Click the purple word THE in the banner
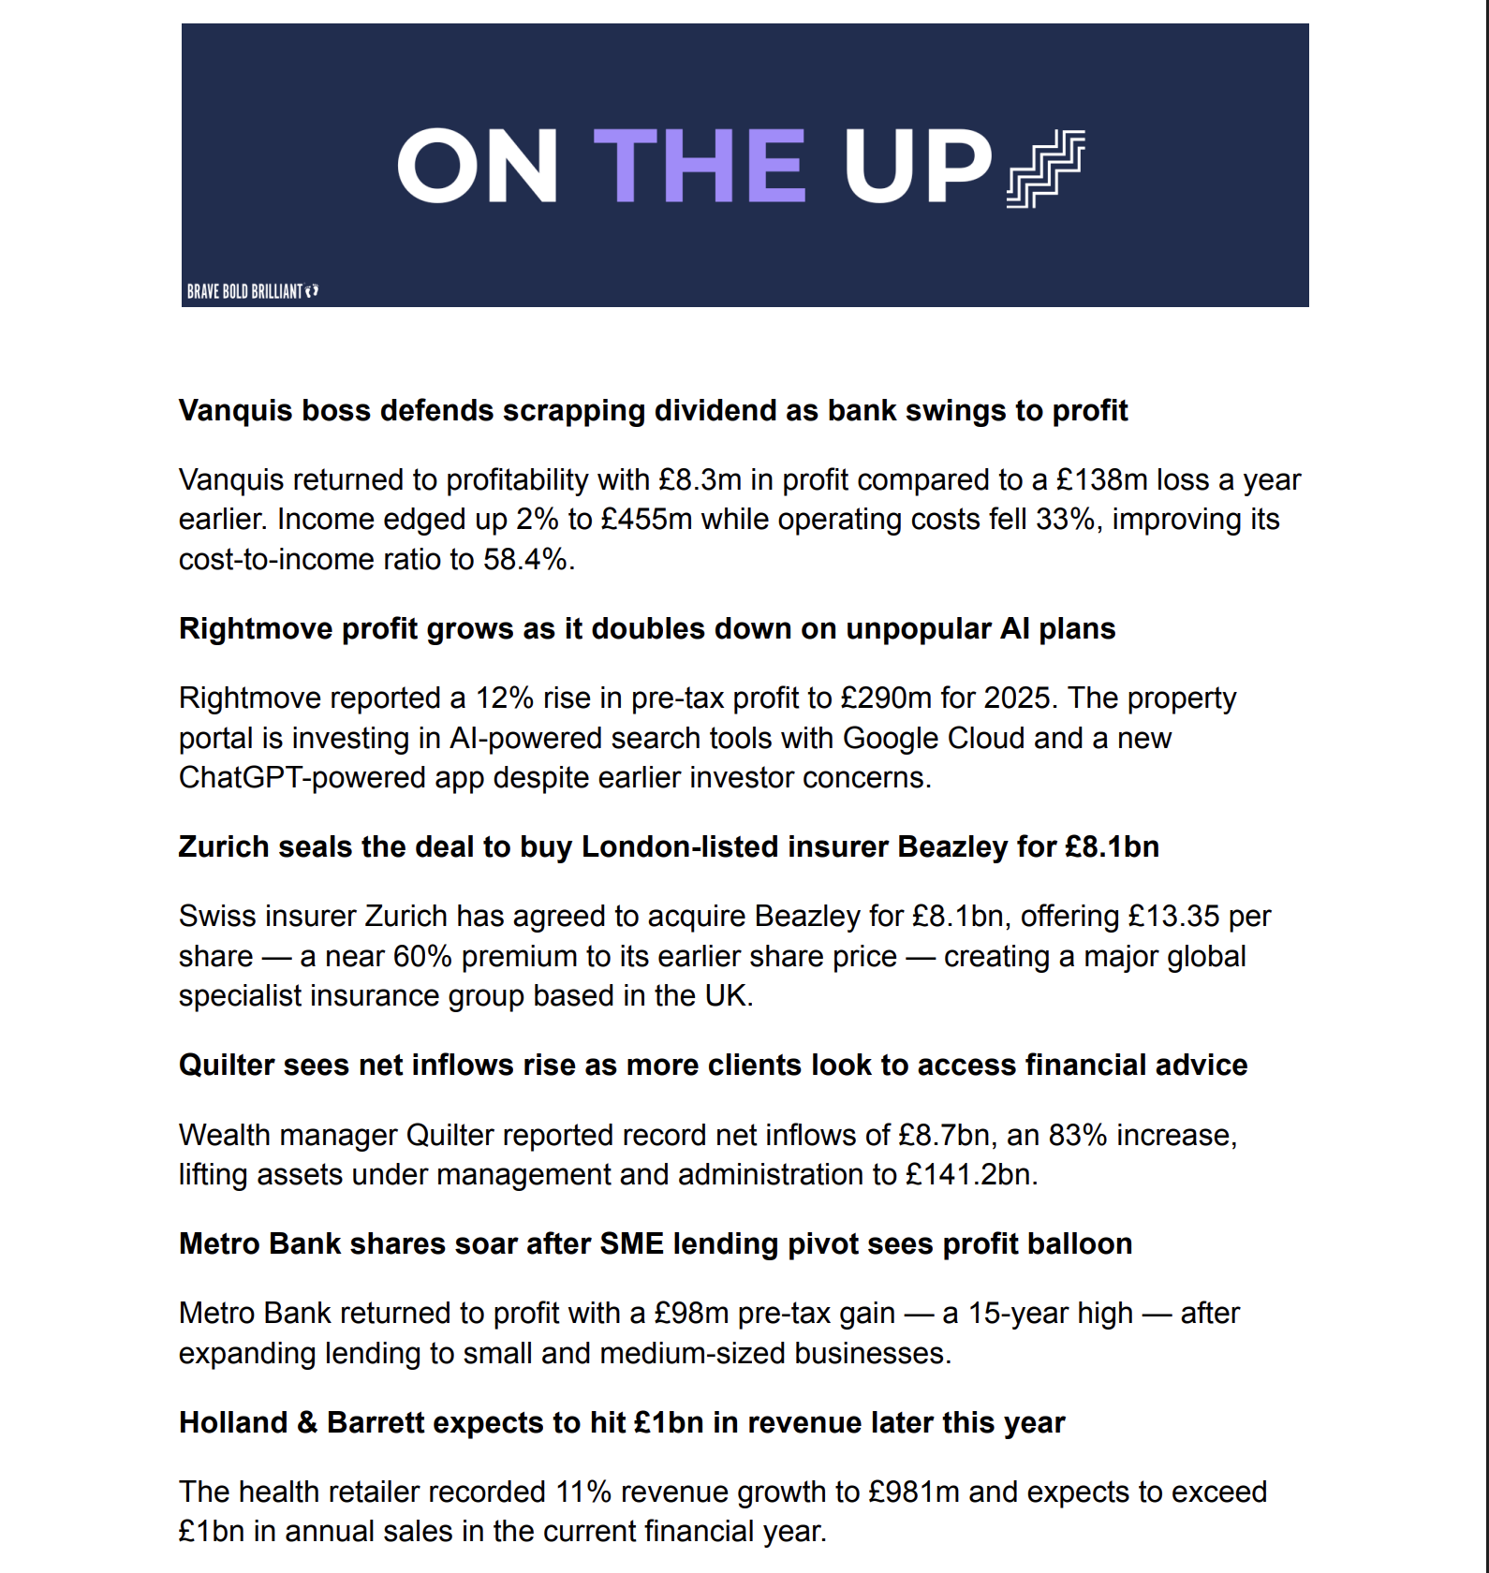(699, 167)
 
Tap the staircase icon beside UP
(1045, 169)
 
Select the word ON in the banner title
(478, 167)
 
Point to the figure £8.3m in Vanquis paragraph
(700, 479)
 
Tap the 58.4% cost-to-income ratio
(525, 559)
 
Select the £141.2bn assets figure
(968, 1174)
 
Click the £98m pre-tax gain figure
(691, 1313)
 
